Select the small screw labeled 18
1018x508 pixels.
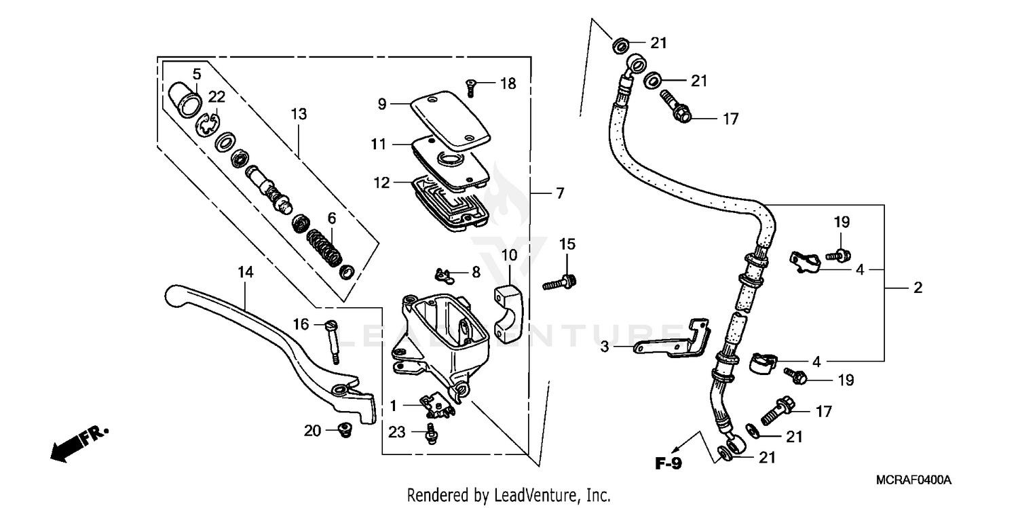[470, 86]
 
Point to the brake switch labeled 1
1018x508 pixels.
[436, 406]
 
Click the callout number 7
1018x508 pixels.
[559, 194]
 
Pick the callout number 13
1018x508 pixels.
[299, 114]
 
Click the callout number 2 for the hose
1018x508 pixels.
[918, 288]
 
